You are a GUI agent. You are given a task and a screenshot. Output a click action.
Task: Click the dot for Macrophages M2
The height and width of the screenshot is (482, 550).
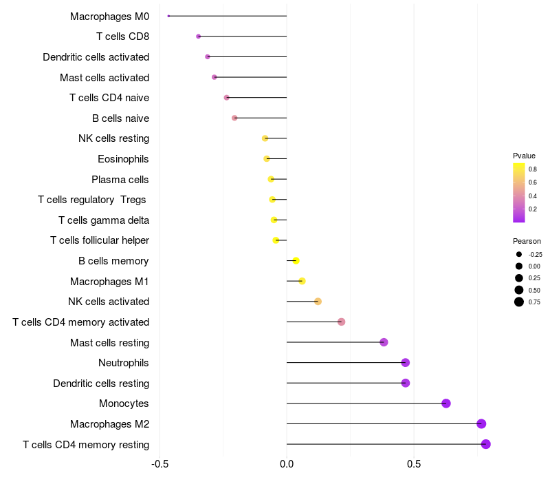pyautogui.click(x=481, y=423)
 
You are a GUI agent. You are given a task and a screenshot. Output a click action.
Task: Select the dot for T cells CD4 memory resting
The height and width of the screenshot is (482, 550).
pyautogui.click(x=486, y=444)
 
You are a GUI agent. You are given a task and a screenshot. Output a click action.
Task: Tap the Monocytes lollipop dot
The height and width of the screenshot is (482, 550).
pyautogui.click(x=446, y=404)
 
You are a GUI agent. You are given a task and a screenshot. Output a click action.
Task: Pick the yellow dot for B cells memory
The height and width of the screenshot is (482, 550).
pyautogui.click(x=296, y=261)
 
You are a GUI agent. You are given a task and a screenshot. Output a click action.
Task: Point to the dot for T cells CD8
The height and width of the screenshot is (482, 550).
pyautogui.click(x=199, y=36)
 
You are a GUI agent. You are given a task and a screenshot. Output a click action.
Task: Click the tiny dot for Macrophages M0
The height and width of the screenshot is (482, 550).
pyautogui.click(x=168, y=16)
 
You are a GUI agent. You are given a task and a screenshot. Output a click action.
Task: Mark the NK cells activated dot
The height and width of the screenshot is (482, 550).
pyautogui.click(x=318, y=302)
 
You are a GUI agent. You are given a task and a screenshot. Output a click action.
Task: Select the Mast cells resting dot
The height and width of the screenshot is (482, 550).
pyautogui.click(x=384, y=342)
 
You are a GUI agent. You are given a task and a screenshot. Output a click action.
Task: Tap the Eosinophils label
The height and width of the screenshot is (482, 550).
pyautogui.click(x=124, y=159)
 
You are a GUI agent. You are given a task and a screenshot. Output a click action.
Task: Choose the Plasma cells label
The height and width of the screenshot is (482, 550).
pyautogui.click(x=120, y=180)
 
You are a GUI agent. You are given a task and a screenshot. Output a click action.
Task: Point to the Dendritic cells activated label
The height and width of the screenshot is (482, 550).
pyautogui.click(x=96, y=57)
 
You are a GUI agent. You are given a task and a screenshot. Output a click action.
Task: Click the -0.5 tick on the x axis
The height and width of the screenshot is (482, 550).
pyautogui.click(x=159, y=464)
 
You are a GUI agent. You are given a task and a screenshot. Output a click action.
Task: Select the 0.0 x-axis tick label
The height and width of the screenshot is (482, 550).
pyautogui.click(x=287, y=464)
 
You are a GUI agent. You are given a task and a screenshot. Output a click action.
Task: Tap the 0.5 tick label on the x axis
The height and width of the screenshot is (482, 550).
pyautogui.click(x=414, y=464)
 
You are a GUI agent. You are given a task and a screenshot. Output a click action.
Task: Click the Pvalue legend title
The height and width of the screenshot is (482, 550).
pyautogui.click(x=524, y=156)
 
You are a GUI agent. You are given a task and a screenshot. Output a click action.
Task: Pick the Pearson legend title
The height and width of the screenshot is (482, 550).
pyautogui.click(x=527, y=242)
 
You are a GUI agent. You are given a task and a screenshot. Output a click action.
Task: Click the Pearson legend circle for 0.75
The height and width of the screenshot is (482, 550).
pyautogui.click(x=519, y=302)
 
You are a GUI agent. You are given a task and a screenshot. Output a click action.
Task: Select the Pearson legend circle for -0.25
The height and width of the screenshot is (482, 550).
pyautogui.click(x=519, y=254)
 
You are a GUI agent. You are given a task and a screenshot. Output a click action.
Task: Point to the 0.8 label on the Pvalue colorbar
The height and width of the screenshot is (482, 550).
pyautogui.click(x=533, y=169)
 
